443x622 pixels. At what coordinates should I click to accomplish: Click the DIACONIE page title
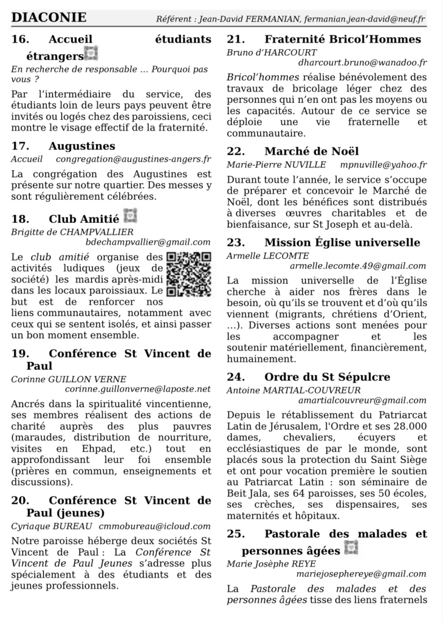[x=49, y=18]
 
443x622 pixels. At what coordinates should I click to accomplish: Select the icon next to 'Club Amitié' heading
[x=130, y=216]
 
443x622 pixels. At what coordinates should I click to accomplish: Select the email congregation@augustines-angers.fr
[x=134, y=160]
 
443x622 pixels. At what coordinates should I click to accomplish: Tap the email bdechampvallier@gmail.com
[x=149, y=242]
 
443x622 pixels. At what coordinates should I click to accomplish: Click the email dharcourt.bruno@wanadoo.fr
[x=363, y=63]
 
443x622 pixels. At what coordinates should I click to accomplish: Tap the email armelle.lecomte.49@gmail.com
[x=358, y=266]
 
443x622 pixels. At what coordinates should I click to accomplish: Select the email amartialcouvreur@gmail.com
[x=363, y=401]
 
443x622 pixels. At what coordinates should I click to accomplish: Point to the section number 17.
[x=21, y=146]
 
